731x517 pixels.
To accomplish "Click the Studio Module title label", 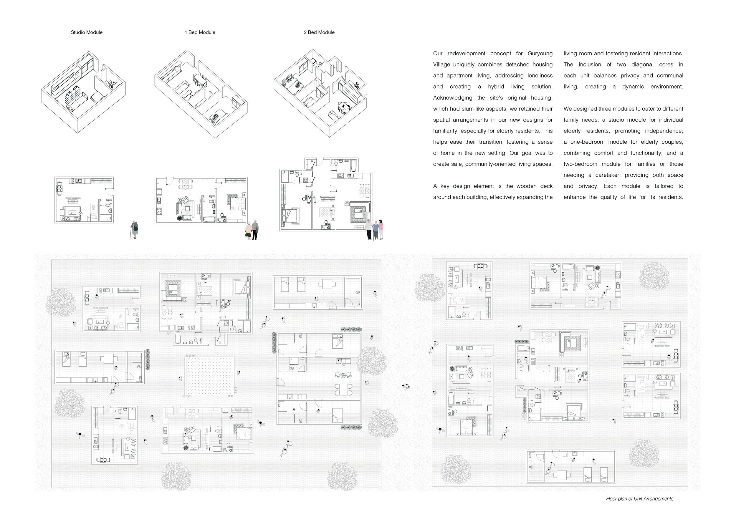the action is [87, 32].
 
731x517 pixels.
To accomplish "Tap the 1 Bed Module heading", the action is [200, 32].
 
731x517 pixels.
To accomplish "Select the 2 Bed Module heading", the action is [319, 32].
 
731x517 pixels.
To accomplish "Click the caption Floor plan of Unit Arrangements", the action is [640, 499].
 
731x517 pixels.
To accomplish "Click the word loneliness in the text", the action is [540, 75].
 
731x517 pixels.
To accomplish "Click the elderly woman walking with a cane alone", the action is [135, 229].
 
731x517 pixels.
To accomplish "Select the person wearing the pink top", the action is [381, 229].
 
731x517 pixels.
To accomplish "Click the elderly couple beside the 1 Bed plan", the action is [252, 231].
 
